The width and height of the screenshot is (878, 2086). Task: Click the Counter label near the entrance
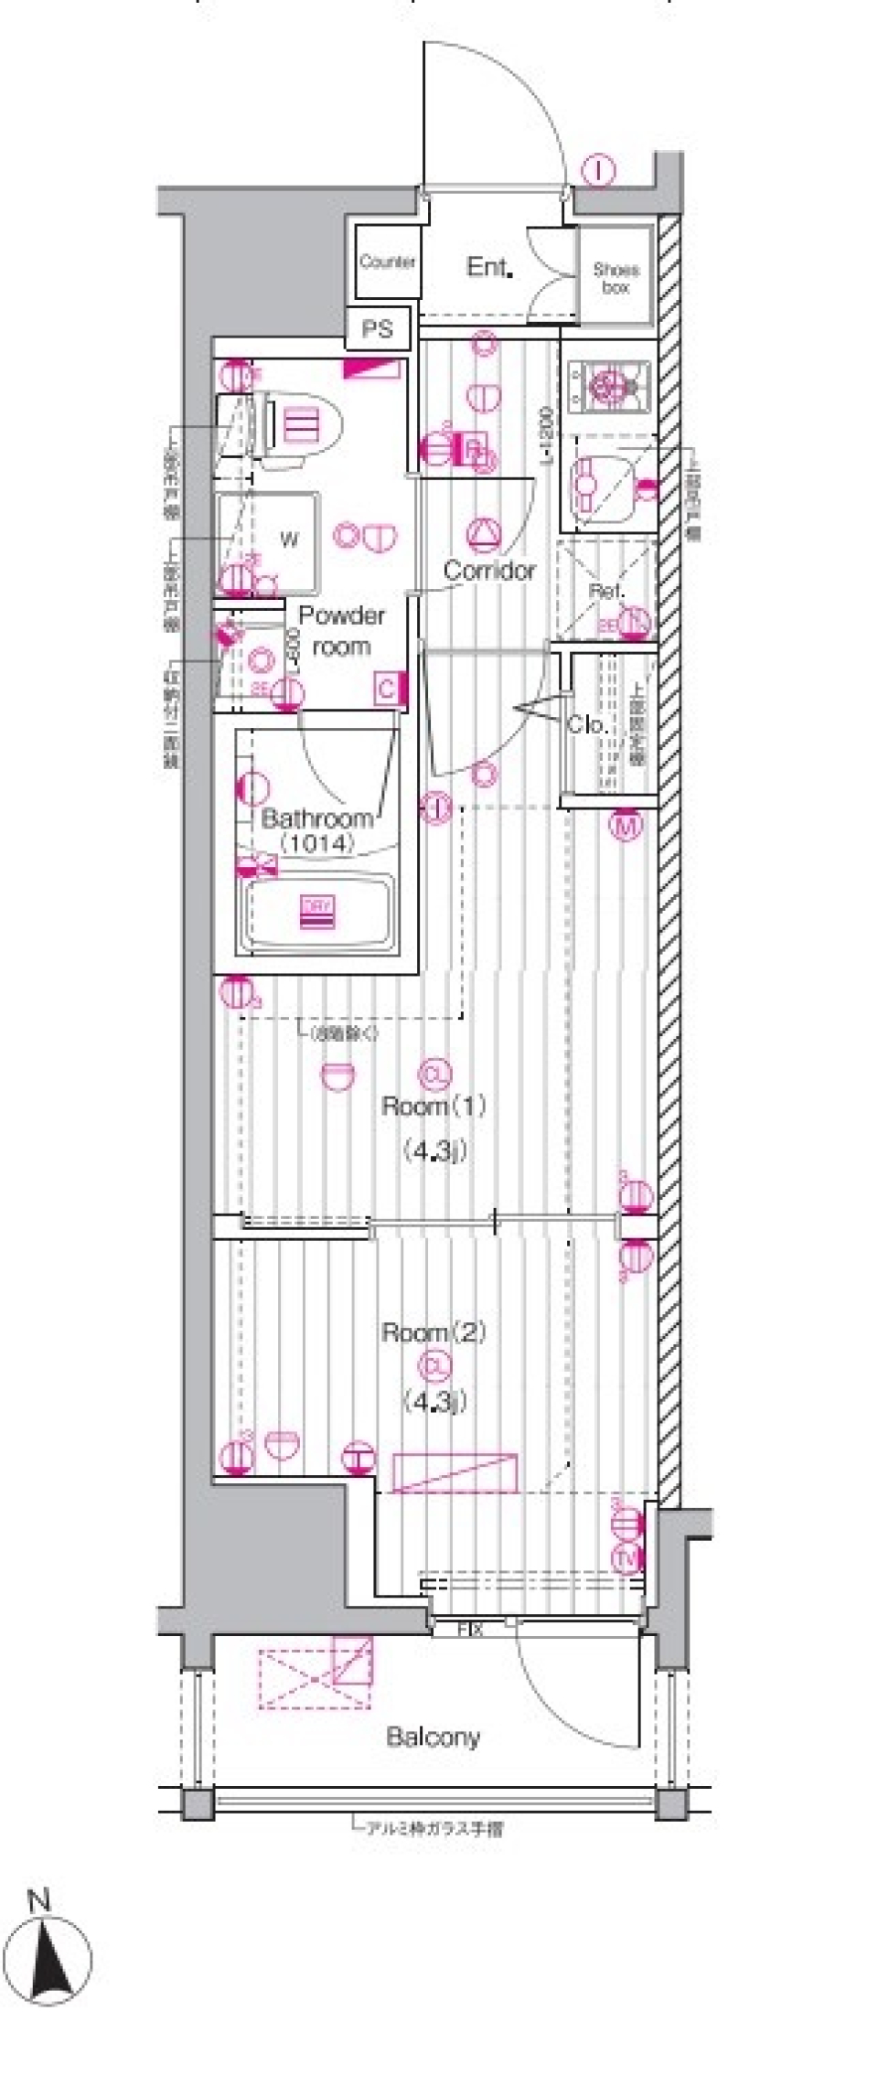pyautogui.click(x=388, y=262)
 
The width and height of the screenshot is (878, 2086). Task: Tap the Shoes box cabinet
pyautogui.click(x=616, y=278)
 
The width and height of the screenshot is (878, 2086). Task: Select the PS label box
pyautogui.click(x=378, y=329)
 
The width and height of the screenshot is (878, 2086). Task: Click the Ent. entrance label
pyautogui.click(x=488, y=267)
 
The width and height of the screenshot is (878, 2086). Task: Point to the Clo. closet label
pyautogui.click(x=586, y=725)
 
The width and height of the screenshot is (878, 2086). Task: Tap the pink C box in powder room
pyautogui.click(x=387, y=689)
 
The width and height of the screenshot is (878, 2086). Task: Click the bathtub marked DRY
pyautogui.click(x=316, y=912)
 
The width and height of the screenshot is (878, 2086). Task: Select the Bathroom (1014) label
pyautogui.click(x=317, y=830)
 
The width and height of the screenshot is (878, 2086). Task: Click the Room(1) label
pyautogui.click(x=434, y=1107)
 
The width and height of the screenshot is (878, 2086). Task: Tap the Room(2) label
pyautogui.click(x=434, y=1333)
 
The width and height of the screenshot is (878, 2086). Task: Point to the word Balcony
pyautogui.click(x=433, y=1737)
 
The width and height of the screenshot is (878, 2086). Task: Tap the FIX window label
pyautogui.click(x=469, y=1629)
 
